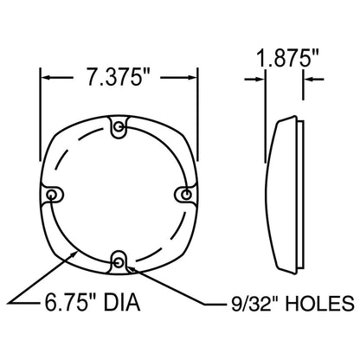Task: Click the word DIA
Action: click(122, 302)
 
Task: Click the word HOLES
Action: click(319, 303)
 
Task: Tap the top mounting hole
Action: click(119, 126)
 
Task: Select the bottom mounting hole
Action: click(118, 262)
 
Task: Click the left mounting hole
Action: click(52, 195)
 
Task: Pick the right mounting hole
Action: click(187, 194)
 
